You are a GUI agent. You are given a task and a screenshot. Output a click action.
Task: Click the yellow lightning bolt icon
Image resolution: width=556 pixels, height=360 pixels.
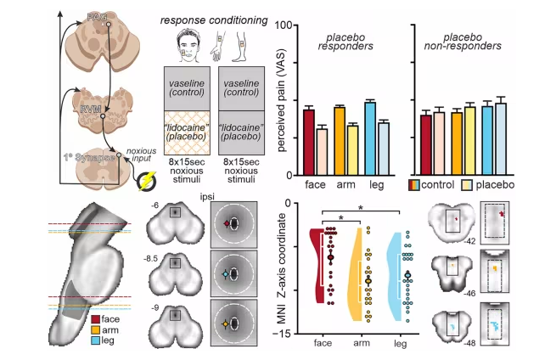pos(149,181)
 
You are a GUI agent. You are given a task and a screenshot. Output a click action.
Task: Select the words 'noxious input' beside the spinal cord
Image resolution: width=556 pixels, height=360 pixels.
pos(143,155)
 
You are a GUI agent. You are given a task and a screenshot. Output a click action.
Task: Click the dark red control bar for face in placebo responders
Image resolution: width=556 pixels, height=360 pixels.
pos(309,139)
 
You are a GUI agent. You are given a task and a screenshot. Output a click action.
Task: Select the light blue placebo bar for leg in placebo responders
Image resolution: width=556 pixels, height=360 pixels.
pos(384,146)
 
